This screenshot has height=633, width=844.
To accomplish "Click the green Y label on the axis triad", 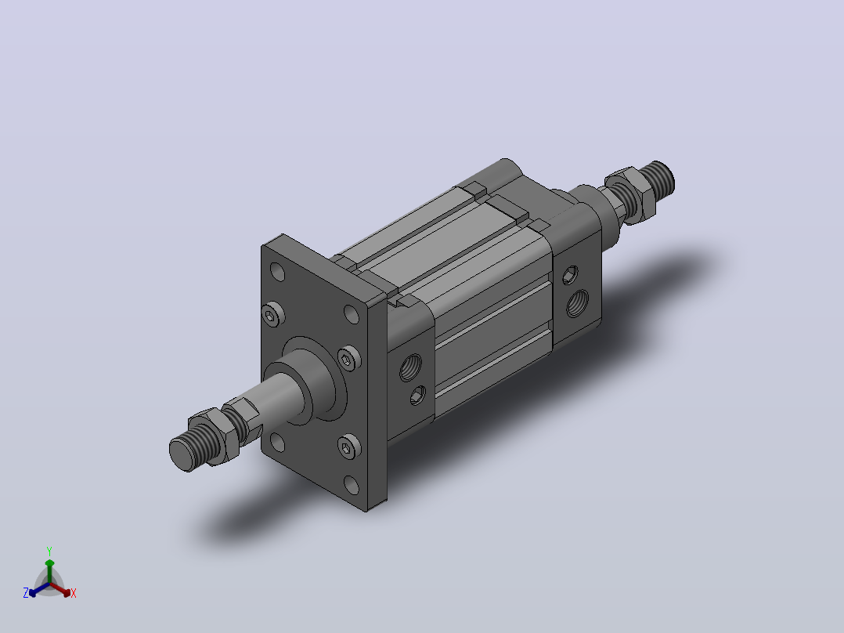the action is (x=49, y=551).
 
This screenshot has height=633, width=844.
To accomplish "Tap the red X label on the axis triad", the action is (x=74, y=593).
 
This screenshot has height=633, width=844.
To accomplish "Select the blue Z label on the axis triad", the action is (x=26, y=593).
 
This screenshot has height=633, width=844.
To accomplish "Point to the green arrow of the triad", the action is (x=49, y=571).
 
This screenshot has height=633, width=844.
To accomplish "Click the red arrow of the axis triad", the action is (x=60, y=589).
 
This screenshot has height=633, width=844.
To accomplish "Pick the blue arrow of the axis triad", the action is (x=39, y=589).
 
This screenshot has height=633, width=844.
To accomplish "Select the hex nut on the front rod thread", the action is (x=215, y=437).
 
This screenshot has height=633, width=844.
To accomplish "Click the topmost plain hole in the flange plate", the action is (x=277, y=272).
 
